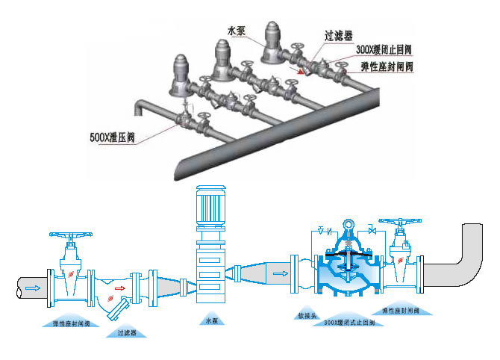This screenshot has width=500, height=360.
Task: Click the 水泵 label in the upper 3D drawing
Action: tap(236, 30)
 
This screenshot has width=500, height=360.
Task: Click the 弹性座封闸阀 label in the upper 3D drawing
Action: tap(387, 66)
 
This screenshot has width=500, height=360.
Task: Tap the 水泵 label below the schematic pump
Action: tap(210, 320)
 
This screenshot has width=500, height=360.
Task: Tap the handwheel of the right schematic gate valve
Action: tap(401, 223)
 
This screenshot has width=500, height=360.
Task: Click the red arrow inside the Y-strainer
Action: tap(119, 286)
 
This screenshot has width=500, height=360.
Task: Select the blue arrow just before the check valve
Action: tap(280, 273)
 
